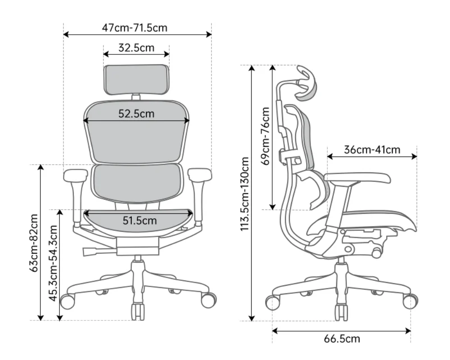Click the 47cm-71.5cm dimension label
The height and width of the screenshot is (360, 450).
135,28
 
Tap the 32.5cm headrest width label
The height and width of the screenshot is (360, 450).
136,48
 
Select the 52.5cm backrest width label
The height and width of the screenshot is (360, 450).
136,114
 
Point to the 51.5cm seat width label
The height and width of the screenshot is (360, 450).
140,220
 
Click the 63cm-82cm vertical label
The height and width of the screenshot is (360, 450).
34,243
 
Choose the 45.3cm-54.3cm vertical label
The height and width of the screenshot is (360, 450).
53,263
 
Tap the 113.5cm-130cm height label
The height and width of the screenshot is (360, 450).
244,194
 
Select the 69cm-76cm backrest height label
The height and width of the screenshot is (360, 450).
266,136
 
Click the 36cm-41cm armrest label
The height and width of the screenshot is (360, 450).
372,149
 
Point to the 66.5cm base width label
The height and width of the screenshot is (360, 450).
342,339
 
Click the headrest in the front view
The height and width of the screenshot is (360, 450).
136,80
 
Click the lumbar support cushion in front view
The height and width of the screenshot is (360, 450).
137,183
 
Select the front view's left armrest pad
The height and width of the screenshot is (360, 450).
75,175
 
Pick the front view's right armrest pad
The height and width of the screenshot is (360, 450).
200,175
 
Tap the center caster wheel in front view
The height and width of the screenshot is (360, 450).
138,311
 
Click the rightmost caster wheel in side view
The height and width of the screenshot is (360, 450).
410,301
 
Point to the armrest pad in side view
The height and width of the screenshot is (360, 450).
358,178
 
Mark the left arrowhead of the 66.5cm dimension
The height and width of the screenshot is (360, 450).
274,331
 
